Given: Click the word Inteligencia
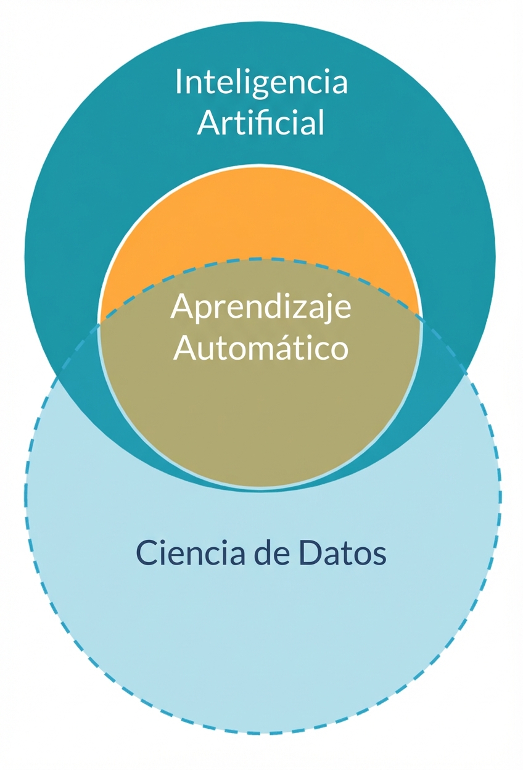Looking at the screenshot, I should pos(261,83).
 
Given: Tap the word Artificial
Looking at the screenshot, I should pos(261,123).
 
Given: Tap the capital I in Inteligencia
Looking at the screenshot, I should pos(178,82).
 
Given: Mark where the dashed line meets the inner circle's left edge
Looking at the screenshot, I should pos(99,321).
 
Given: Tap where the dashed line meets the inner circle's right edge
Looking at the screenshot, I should pos(422,318).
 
